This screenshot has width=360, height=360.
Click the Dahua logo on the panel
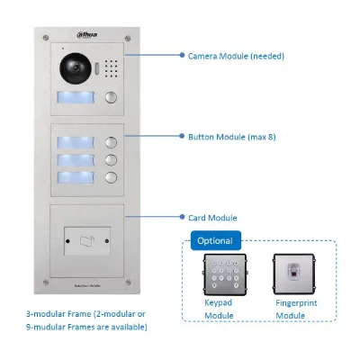87,35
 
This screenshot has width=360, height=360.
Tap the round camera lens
76,68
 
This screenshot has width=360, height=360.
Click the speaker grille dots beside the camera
111,68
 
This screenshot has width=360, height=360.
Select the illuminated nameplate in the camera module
76,97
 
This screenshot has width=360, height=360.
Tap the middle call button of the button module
111,160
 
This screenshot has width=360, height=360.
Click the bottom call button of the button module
111,177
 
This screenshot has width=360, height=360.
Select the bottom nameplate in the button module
76,177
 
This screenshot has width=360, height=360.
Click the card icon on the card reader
87,241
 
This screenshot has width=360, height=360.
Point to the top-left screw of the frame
46,38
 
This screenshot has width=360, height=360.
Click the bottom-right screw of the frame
128,282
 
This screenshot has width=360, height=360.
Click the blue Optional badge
216,240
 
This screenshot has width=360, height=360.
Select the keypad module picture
225,274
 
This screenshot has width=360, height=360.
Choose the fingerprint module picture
294,274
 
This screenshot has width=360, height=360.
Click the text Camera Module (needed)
236,56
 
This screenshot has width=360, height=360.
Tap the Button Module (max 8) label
232,137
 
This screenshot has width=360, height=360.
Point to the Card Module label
212,218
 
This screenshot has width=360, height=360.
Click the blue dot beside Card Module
182,217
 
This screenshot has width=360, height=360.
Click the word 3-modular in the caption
45,314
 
